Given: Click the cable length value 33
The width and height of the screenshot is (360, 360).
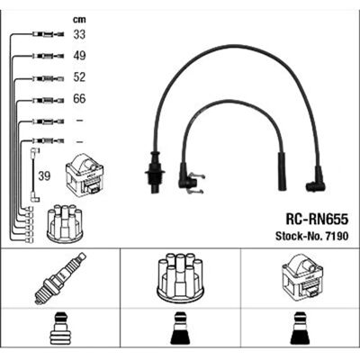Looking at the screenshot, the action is coord(79,34).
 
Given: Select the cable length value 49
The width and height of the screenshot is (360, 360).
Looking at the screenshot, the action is coord(79,56).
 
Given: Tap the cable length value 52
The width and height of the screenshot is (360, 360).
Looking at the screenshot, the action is coord(79,77).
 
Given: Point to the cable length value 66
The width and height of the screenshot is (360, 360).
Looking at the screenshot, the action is coord(79,99).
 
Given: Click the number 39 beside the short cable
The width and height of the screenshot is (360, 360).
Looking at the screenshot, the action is coord(44,176).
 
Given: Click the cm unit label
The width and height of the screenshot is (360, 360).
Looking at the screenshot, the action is coord(79,20).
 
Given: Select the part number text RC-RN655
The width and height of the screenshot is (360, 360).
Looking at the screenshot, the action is coord(317,220).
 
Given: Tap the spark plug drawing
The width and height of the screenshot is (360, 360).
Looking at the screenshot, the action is coord(60,278).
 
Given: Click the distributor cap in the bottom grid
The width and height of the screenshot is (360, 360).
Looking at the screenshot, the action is coord(180,278).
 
